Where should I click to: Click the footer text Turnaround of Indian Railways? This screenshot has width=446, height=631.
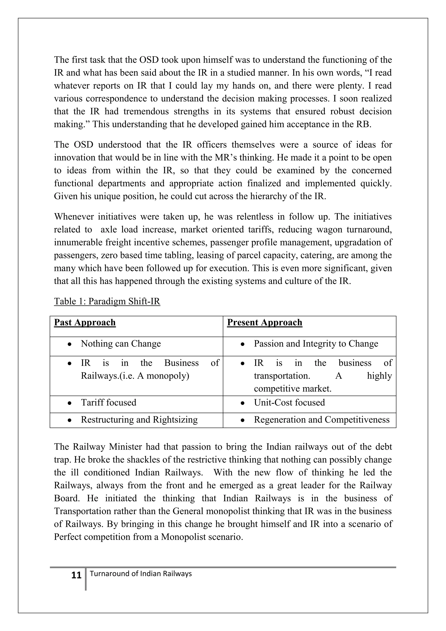tap(141, 573)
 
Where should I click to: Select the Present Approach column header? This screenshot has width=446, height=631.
tap(264, 322)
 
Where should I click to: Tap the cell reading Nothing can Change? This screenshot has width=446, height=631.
tap(121, 344)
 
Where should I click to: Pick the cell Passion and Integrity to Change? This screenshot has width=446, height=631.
tap(316, 344)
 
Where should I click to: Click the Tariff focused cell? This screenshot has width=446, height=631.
tap(108, 402)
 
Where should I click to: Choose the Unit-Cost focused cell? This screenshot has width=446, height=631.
tap(289, 402)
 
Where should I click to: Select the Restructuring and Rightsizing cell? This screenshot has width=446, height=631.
tap(139, 420)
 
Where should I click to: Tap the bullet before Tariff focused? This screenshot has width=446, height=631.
tap(70, 403)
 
